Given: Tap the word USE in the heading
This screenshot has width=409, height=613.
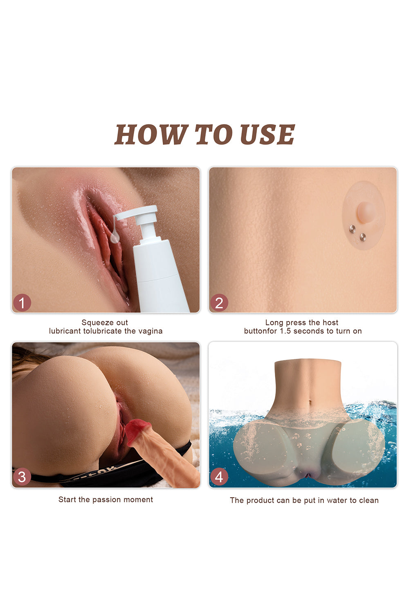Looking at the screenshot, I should [267, 134].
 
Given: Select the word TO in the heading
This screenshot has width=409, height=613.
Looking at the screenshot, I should [213, 134].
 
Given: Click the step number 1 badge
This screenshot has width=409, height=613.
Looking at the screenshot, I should [22, 303].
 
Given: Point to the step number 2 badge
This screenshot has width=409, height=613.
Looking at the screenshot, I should [219, 303].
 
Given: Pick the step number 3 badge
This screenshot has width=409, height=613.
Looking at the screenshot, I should [22, 477].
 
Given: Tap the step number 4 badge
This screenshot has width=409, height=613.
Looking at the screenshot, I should [219, 477].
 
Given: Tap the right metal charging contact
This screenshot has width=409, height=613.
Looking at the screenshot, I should [363, 237].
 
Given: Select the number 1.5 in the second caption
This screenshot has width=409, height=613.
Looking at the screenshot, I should [285, 331].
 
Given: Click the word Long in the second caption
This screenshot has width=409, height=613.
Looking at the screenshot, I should [274, 322].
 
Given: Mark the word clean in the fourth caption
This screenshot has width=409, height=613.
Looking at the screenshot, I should [369, 500].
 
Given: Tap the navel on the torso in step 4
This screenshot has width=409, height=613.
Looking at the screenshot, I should [310, 404].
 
